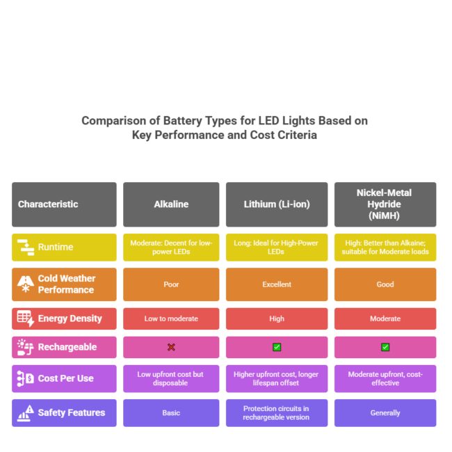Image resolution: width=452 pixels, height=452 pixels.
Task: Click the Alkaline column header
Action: pos(171,204)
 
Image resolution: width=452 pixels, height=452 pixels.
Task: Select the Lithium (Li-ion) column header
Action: pos(277,204)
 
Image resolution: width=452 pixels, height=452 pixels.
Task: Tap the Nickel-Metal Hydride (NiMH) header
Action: pos(385,204)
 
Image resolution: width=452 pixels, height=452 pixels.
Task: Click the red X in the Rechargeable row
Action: pos(171,347)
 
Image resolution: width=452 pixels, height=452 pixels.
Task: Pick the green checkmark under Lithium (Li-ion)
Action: pos(277,347)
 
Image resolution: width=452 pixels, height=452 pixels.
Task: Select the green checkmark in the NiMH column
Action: pos(385,347)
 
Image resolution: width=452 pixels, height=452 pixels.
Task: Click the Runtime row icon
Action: pos(26,248)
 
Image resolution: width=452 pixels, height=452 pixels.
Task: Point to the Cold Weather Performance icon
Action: pos(25,284)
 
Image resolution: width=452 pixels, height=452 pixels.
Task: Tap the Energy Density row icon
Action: pos(25,318)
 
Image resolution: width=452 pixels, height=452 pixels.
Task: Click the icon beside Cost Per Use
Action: pos(25,378)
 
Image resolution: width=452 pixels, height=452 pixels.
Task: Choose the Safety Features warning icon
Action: pos(25,413)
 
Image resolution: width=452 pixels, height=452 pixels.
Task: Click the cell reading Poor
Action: pos(171,284)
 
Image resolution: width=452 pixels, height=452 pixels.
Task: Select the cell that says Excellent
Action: pos(277,284)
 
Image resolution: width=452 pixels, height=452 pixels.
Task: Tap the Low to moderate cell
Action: pos(171,318)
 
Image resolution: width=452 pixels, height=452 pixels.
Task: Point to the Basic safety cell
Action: pos(171,413)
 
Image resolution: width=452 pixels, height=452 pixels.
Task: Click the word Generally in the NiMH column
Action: pos(385,413)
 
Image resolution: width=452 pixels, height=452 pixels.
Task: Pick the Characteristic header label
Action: pos(48,204)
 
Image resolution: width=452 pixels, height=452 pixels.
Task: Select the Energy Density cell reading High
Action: pos(277,318)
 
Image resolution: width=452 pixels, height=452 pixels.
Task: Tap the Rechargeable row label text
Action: pos(67,347)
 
